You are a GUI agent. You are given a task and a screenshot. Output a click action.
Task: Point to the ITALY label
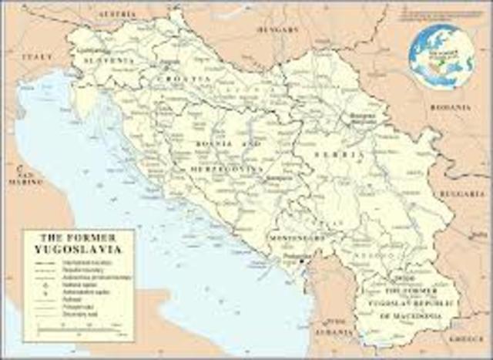click(x=37, y=57)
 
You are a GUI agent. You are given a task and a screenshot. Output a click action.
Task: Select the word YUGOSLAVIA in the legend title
click(x=79, y=249)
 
